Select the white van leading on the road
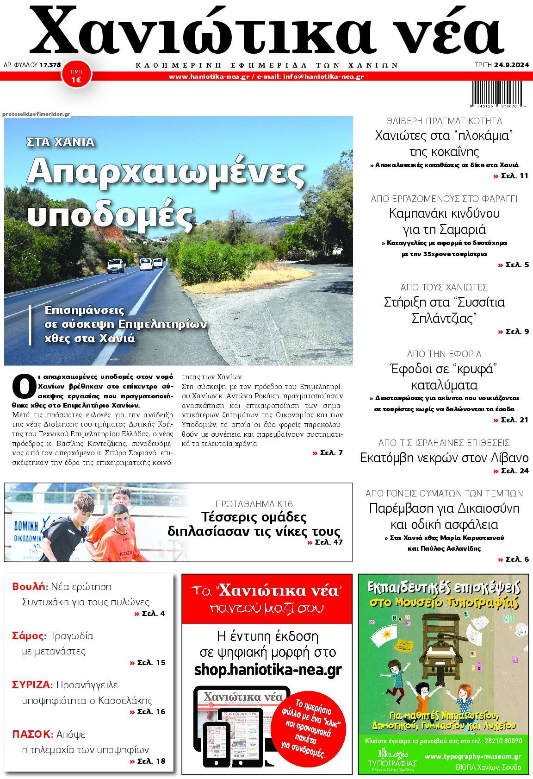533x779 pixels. (x=116, y=265)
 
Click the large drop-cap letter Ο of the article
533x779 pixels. (x=23, y=386)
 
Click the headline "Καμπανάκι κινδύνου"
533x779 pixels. (x=444, y=214)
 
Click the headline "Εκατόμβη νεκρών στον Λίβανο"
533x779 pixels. (x=444, y=458)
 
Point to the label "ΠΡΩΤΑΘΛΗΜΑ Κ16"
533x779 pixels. (x=254, y=504)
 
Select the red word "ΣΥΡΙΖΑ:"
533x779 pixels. (x=33, y=685)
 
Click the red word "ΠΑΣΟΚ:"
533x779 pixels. (x=32, y=734)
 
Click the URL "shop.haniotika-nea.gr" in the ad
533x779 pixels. (x=268, y=670)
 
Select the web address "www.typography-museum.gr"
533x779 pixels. (x=472, y=756)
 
